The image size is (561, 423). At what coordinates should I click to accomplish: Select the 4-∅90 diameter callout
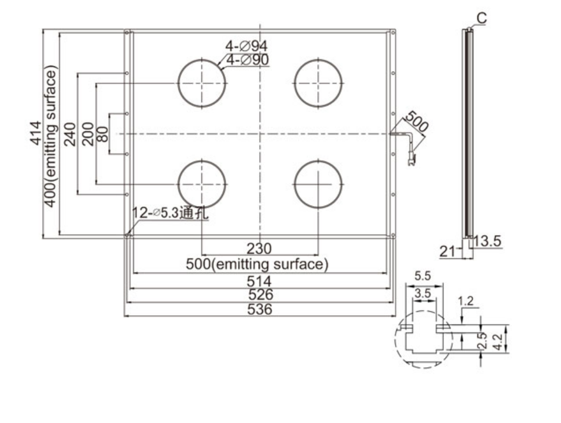(248, 59)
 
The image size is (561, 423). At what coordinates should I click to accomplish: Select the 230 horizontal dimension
(259, 249)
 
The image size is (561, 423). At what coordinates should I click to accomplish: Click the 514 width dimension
(259, 281)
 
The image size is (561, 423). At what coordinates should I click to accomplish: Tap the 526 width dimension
(259, 295)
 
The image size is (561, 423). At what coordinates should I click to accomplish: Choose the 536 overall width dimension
(259, 309)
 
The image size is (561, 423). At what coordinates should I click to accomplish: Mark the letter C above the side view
(482, 19)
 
